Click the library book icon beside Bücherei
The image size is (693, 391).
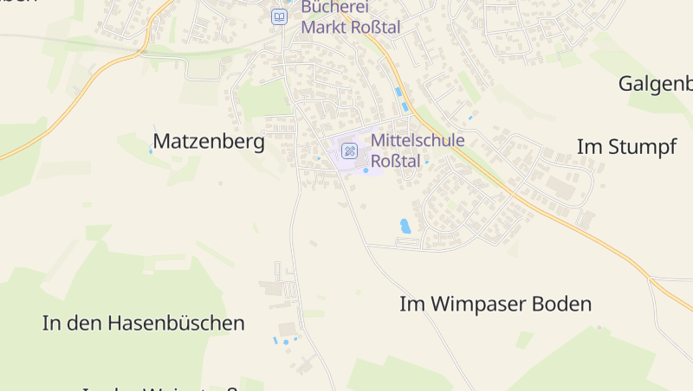279,16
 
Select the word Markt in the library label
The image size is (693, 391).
324,28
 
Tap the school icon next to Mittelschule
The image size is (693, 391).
349,151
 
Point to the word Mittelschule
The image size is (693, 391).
418,141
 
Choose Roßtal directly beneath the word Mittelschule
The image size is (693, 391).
395,161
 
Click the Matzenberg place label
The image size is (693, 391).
209,142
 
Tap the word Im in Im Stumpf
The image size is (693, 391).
586,147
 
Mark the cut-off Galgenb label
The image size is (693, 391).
656,84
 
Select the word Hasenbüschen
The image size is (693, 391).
177,324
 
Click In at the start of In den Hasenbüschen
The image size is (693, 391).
51,324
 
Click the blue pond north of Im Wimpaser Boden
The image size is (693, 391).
405,226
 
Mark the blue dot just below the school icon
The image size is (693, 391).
366,170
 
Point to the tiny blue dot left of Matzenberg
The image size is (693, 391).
150,151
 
